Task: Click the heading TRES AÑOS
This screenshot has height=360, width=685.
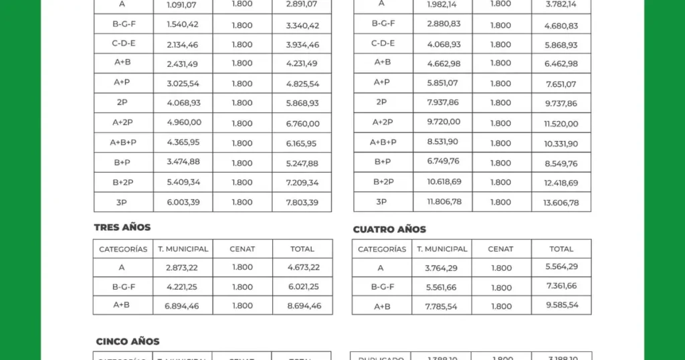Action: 122,228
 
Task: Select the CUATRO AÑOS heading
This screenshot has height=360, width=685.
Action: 389,230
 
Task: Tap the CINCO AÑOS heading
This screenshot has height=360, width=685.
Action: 128,342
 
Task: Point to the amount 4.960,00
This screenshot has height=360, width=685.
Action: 183,123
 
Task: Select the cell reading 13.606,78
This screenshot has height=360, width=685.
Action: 561,203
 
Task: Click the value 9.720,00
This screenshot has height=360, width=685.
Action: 444,122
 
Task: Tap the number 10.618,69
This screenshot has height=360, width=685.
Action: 444,182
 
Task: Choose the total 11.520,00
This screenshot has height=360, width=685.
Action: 561,124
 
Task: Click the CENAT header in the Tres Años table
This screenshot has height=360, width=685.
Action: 242,249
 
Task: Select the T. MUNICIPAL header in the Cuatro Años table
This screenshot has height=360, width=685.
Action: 442,249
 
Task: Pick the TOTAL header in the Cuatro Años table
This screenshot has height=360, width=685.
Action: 561,249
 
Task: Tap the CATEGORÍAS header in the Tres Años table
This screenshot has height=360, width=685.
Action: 123,249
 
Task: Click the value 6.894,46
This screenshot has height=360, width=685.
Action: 182,306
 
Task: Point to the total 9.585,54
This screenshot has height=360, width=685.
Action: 561,305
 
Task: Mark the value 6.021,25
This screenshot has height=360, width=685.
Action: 303,287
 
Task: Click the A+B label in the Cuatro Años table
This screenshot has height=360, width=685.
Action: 381,305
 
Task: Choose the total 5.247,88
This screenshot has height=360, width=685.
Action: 302,163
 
